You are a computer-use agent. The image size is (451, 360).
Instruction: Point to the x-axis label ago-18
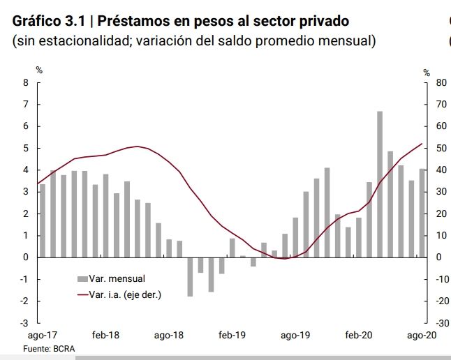click(x=168, y=336)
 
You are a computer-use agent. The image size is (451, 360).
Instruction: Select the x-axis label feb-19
click(x=232, y=336)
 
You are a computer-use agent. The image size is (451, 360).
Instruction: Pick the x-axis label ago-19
click(x=295, y=336)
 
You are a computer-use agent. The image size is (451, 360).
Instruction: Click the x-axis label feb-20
click(x=359, y=336)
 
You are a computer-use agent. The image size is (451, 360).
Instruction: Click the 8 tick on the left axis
click(x=26, y=82)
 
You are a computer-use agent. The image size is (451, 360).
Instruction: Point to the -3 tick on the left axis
click(x=24, y=323)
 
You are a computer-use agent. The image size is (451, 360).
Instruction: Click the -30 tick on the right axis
click(x=441, y=323)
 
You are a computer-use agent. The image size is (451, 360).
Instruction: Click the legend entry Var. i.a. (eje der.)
click(x=124, y=294)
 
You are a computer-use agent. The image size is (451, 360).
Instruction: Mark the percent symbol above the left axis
click(x=39, y=71)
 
